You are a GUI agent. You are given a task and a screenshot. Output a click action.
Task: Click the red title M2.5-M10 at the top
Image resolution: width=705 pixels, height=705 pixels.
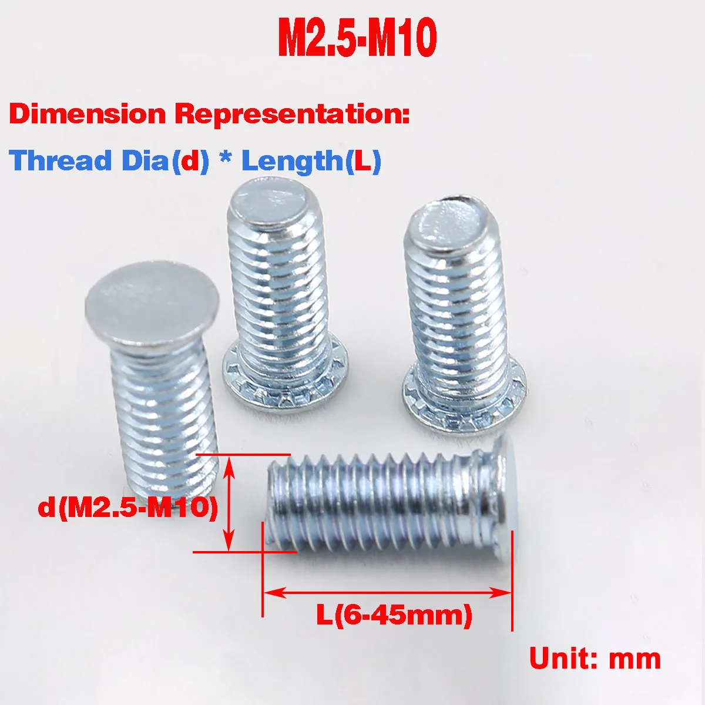point(357,39)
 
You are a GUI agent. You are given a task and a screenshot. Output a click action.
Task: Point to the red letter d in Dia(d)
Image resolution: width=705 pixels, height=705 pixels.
point(189,160)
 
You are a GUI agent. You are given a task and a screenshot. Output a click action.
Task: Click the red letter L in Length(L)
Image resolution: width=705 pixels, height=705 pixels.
point(362,160)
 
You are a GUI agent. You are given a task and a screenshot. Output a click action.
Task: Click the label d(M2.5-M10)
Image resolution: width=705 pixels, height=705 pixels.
point(127,506)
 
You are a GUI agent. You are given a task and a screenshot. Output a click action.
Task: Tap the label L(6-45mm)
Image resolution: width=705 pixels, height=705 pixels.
point(394,615)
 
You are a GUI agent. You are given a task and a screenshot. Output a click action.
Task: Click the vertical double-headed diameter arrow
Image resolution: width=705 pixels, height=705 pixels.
point(229,505)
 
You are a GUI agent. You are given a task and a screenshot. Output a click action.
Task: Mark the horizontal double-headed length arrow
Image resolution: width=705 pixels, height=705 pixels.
point(388,592)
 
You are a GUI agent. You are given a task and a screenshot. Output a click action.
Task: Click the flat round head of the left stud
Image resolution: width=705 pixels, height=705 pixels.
point(152,305)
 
